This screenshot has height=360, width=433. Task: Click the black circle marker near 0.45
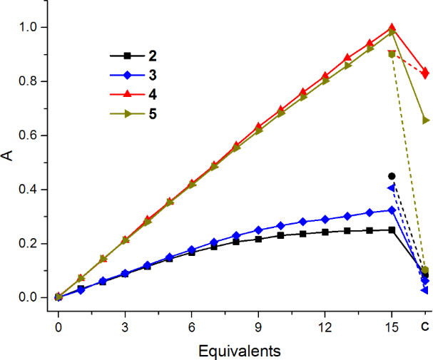click(x=392, y=176)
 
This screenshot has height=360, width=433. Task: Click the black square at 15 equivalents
click(x=392, y=230)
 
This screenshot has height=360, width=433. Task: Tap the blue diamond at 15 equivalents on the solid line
click(x=392, y=210)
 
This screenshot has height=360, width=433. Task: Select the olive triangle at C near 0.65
click(x=426, y=120)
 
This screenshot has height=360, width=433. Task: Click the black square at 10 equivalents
click(x=280, y=235)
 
